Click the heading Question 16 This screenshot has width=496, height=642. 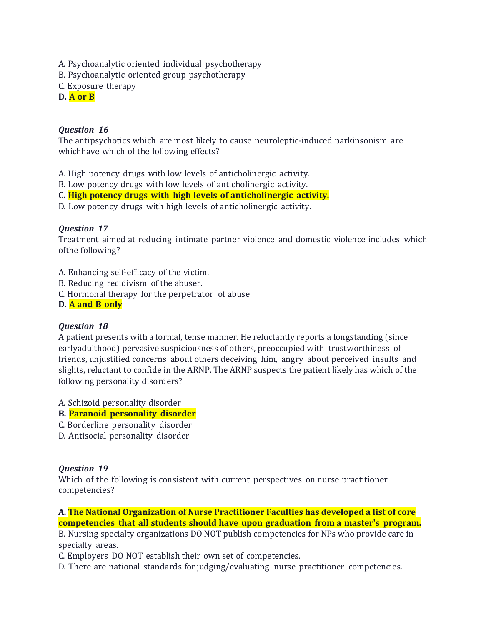(x=83, y=130)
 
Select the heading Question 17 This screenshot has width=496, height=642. (x=83, y=228)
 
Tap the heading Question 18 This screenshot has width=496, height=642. (x=83, y=326)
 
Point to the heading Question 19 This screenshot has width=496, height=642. (x=83, y=469)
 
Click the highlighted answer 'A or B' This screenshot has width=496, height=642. (x=82, y=97)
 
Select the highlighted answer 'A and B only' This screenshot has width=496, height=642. (x=95, y=304)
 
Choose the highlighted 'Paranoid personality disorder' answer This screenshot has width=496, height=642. (x=132, y=414)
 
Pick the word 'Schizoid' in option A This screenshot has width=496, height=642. (x=84, y=403)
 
